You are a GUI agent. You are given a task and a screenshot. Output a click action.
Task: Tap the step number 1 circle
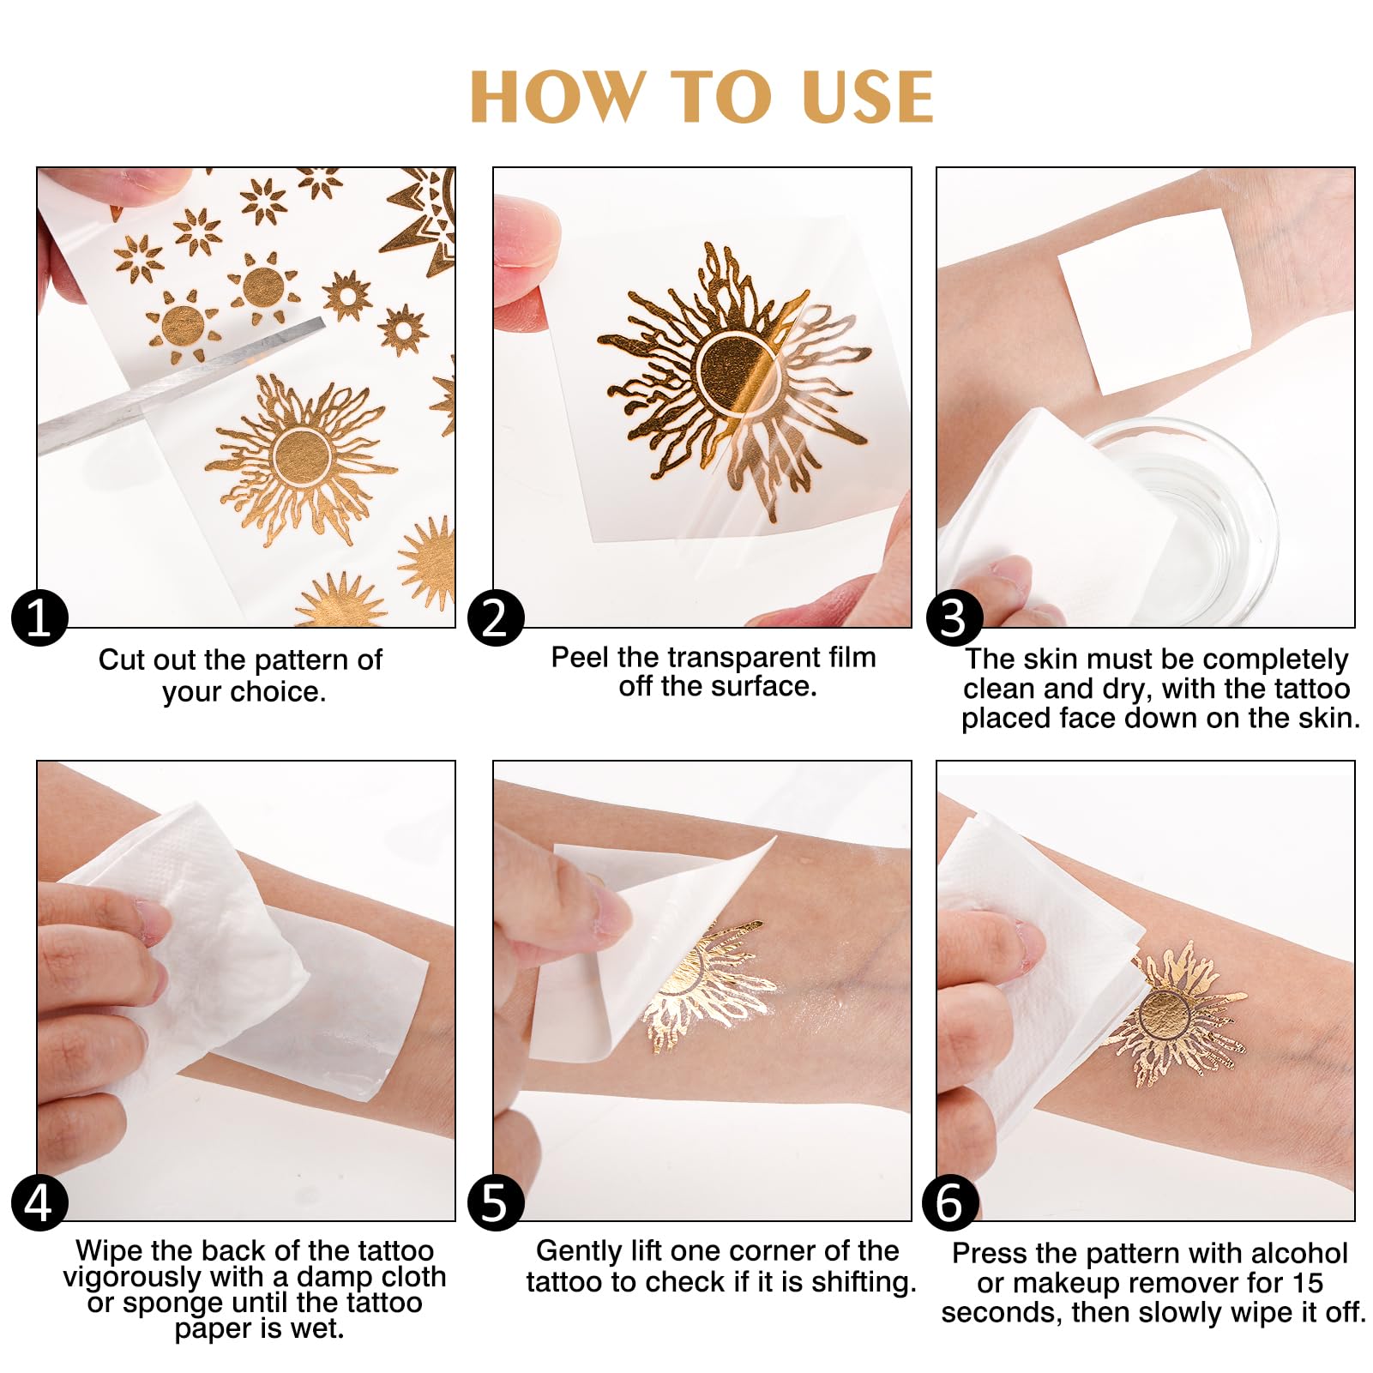tap(39, 617)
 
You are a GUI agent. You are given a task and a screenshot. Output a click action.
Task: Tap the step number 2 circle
tap(496, 617)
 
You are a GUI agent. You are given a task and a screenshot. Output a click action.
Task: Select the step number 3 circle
tap(954, 617)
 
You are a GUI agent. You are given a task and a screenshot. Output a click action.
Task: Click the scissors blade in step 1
tap(180, 386)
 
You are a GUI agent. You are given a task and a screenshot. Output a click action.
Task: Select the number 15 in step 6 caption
tap(1307, 1283)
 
